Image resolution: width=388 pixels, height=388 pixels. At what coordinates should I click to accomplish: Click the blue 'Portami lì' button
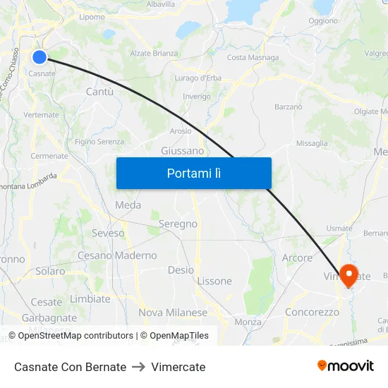193,173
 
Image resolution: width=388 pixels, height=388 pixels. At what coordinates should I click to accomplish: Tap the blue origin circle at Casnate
40,58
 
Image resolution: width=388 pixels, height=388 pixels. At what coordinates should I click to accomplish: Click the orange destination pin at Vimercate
348,274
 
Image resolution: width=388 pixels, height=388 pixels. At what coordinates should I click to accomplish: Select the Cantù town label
99,92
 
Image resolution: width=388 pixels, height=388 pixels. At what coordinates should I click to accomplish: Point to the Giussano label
182,151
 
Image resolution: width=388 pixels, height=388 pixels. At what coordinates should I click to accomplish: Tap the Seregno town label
178,224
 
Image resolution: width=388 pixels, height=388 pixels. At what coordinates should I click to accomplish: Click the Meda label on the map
128,205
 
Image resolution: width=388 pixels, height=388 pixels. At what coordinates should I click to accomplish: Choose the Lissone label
214,281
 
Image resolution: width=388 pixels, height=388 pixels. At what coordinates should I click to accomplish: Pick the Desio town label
181,270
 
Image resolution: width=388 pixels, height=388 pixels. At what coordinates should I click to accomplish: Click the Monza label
248,322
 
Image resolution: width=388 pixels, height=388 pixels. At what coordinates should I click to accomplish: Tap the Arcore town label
297,258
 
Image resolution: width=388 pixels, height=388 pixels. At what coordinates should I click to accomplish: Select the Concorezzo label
312,312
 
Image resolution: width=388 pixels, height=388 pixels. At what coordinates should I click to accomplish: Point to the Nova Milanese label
173,313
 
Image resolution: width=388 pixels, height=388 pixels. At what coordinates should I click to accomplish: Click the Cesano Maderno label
117,255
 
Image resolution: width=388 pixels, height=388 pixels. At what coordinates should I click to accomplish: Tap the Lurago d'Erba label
198,78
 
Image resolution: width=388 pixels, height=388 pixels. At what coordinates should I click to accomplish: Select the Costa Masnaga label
253,58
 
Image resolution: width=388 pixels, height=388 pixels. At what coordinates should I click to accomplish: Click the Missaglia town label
312,143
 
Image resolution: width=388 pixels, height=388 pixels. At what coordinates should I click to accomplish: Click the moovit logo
346,366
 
